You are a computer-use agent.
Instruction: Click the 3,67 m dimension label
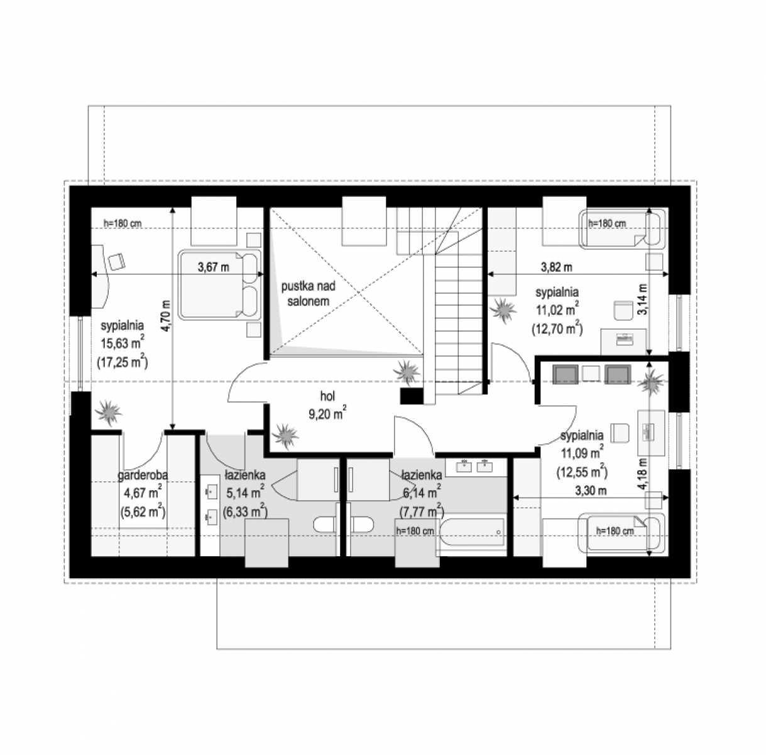point(214,267)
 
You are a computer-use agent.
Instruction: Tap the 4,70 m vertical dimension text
point(166,316)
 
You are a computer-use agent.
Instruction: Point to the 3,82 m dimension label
point(557,267)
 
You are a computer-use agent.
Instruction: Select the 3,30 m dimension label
point(591,491)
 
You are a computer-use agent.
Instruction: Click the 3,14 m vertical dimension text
point(642,299)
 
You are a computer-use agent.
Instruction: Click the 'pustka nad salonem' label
point(308,294)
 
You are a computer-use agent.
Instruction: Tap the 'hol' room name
point(327,396)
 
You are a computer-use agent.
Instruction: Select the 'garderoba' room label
point(143,475)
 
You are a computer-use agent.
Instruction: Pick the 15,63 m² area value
point(123,343)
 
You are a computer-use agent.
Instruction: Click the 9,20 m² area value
point(327,413)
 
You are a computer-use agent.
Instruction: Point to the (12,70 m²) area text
point(557,329)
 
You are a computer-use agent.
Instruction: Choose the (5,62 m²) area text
point(143,512)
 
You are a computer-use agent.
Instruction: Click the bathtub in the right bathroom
point(471,532)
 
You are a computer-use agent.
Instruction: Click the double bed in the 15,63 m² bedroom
point(219,284)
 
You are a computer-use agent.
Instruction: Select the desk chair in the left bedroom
point(116,261)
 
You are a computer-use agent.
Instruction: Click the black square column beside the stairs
point(412,396)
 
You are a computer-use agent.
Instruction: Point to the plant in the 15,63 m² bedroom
point(108,413)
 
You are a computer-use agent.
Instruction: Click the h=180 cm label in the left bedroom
point(123,224)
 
